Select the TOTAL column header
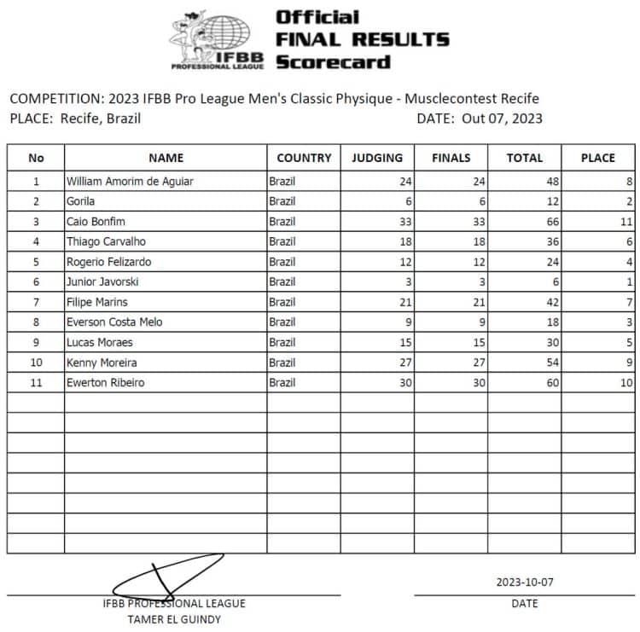click(x=524, y=158)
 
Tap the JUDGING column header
click(x=377, y=158)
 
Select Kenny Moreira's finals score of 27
click(x=478, y=362)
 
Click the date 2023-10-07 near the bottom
click(x=524, y=583)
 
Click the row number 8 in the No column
click(x=36, y=322)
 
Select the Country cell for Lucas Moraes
click(x=282, y=343)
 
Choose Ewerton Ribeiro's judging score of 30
click(x=404, y=383)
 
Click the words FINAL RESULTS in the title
click(x=363, y=39)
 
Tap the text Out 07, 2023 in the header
click(x=502, y=119)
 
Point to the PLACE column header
click(x=597, y=158)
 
